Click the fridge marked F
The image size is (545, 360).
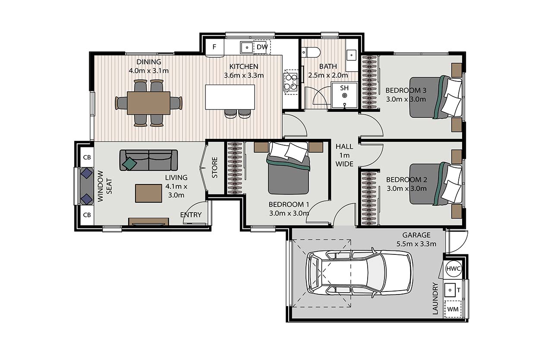pos(214,48)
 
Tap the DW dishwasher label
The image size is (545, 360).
pos(262,47)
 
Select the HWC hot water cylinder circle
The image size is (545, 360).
pos(454,269)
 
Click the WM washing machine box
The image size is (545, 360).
pos(453,309)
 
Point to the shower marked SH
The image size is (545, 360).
pos(344,96)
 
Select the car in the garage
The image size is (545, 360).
pos(360,273)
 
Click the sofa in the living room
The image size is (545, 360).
pos(148,160)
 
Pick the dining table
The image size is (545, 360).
pos(148,103)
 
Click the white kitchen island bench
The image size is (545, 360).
pos(230,97)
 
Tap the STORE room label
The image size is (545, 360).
pos(214,167)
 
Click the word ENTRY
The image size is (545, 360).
pos(191,215)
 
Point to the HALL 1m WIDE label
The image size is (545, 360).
pos(344,155)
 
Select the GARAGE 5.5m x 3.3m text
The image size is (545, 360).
pos(416,239)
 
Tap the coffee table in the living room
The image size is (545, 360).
pos(149,193)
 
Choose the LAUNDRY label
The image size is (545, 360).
pos(435,298)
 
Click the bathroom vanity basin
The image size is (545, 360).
pos(351,55)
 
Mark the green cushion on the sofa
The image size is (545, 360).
pos(129,163)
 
